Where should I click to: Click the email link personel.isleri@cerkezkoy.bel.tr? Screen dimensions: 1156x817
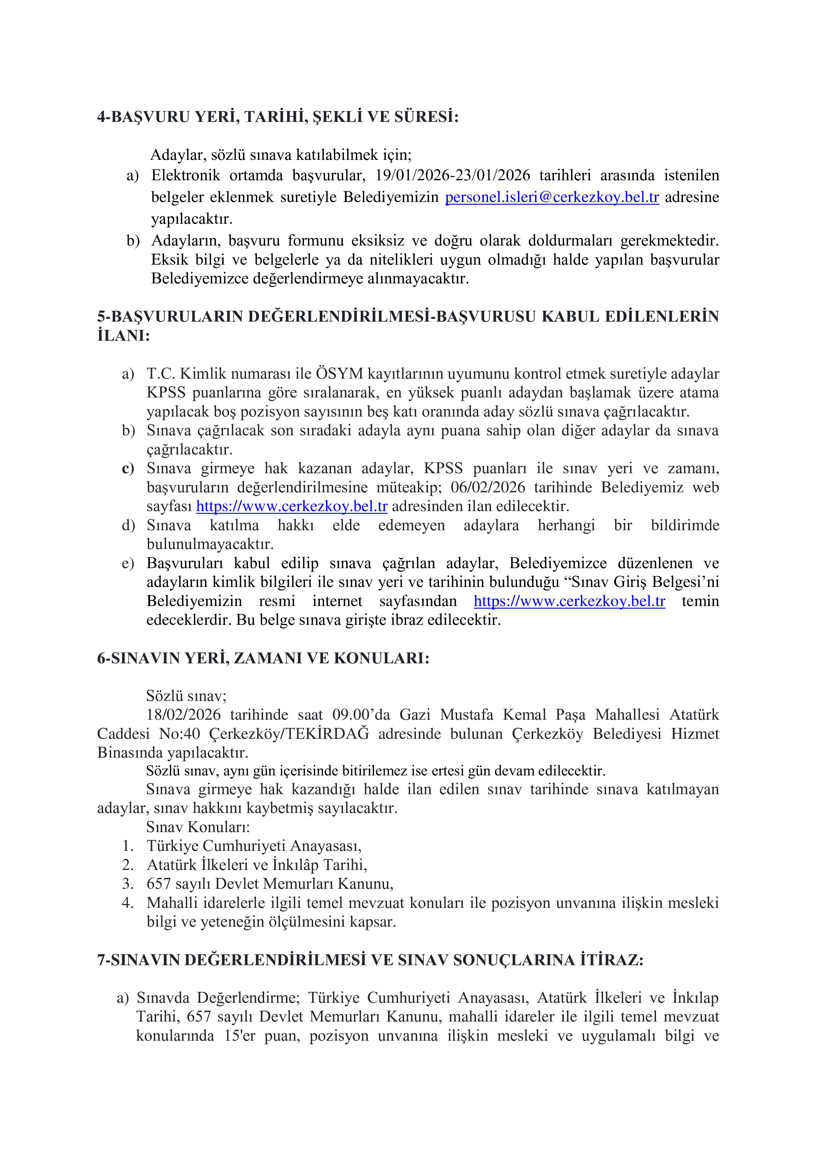(x=552, y=197)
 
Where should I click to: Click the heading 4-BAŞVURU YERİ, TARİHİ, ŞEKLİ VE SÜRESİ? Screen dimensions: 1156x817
(x=278, y=117)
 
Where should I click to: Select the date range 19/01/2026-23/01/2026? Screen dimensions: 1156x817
(x=453, y=175)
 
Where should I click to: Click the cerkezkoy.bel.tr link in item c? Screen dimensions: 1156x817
(x=291, y=506)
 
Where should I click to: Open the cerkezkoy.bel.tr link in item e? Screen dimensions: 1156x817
(x=569, y=601)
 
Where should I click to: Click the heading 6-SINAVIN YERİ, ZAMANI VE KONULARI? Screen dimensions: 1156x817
(x=263, y=658)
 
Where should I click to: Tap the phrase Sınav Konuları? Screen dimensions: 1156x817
(x=198, y=827)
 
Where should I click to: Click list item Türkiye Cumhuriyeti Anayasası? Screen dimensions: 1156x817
(x=254, y=846)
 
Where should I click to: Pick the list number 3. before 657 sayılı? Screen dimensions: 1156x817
(x=128, y=883)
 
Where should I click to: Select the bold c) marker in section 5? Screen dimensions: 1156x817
(x=128, y=469)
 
